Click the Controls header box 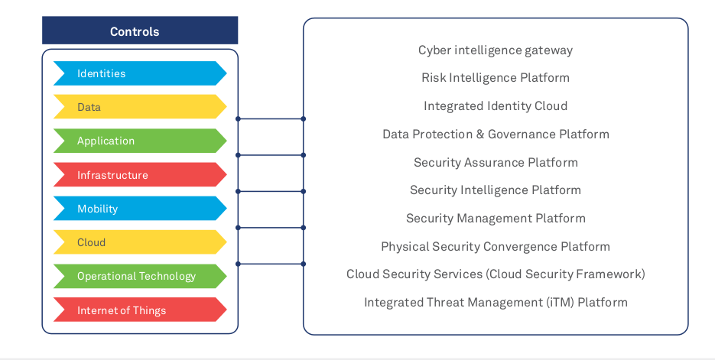139,31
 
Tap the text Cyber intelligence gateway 496,50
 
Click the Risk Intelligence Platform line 496,78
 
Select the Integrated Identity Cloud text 496,106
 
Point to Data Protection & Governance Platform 496,135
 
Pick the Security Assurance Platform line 496,162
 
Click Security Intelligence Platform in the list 496,190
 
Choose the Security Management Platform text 496,219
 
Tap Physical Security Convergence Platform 496,246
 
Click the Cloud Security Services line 496,274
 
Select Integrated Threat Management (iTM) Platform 496,303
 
